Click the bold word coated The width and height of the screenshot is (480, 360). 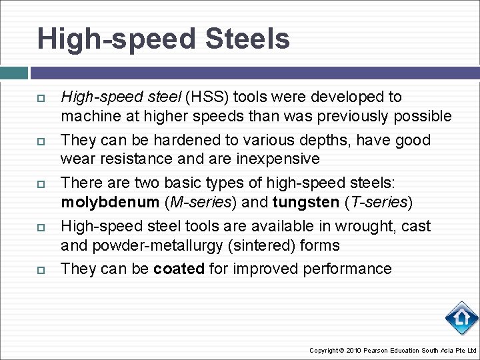pos(179,269)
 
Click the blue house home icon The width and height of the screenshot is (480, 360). pos(461,319)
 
